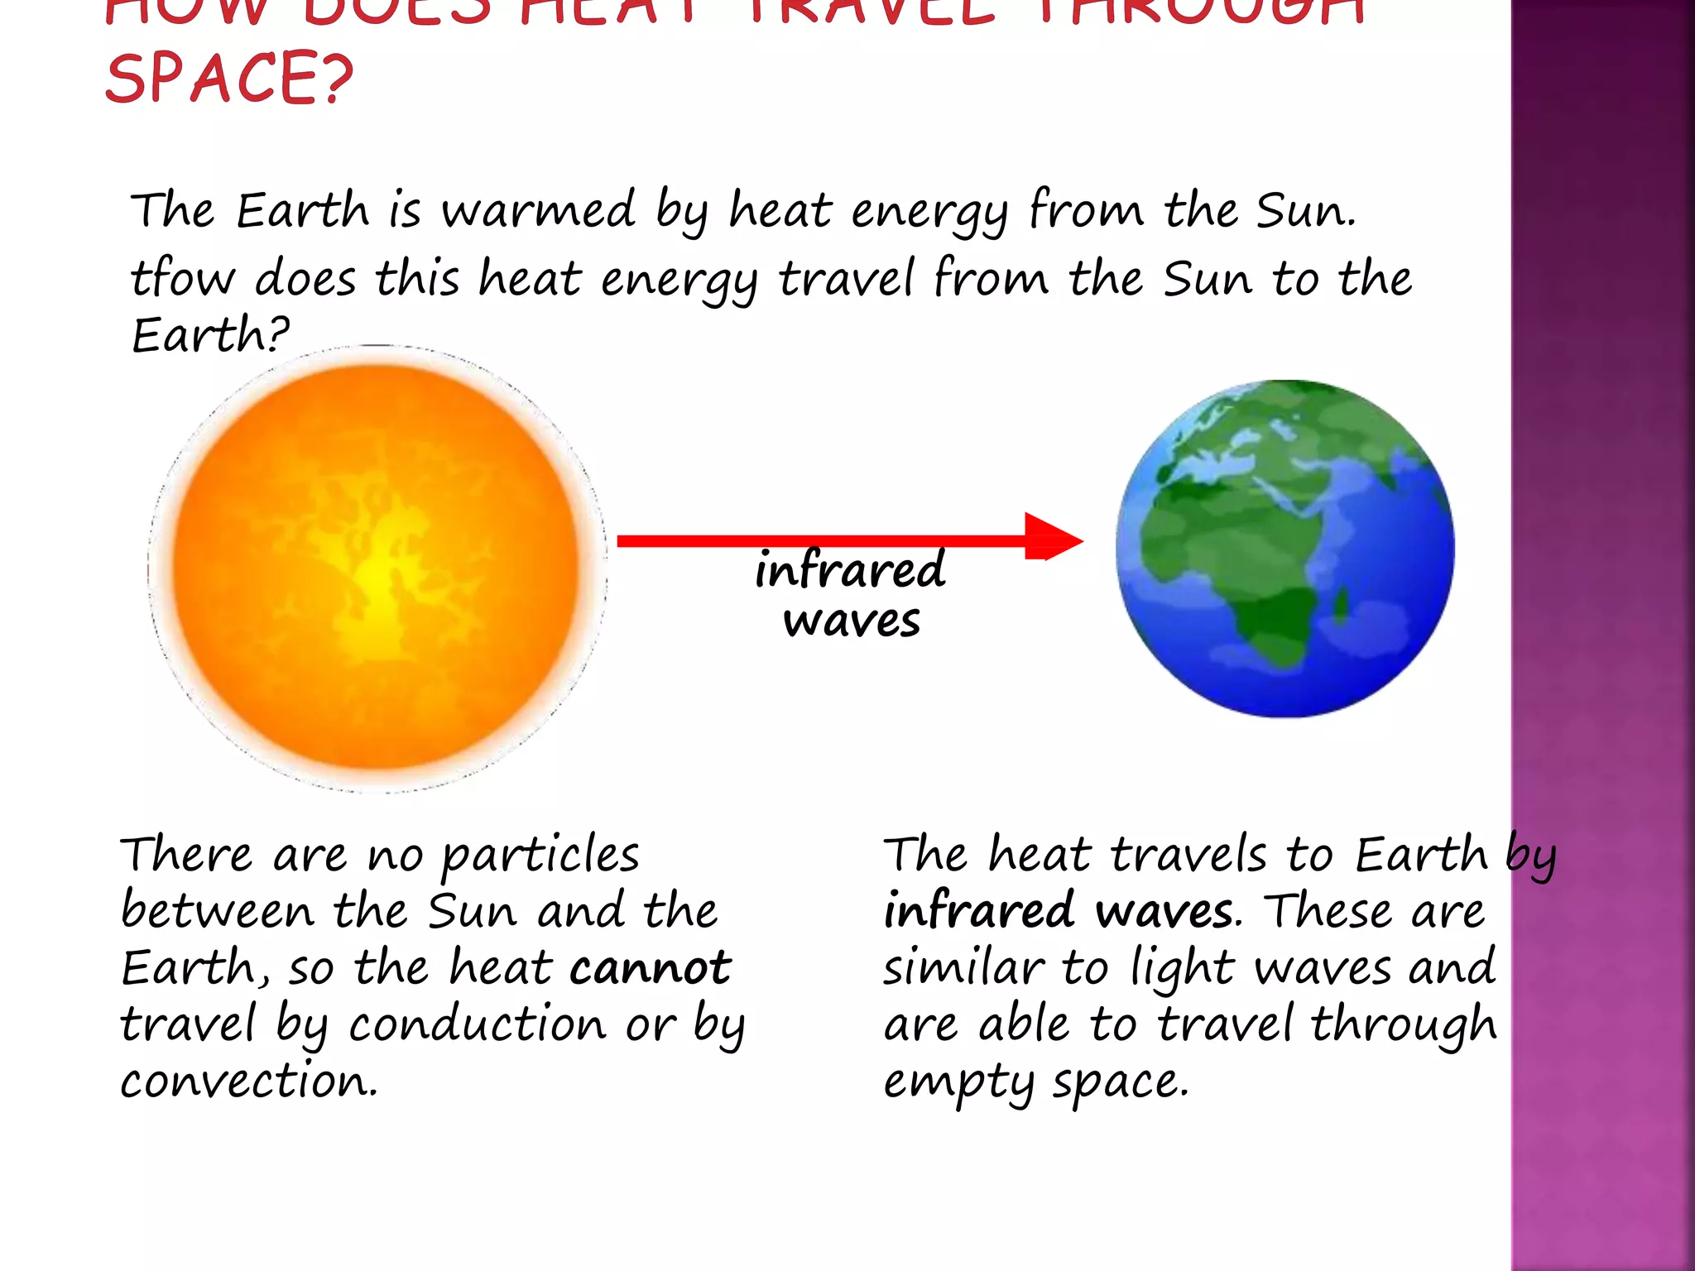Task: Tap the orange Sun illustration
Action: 377,568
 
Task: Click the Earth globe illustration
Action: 1284,549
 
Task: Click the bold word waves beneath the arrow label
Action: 852,621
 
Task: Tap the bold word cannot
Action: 651,966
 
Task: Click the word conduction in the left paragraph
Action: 478,1024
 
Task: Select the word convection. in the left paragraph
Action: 248,1081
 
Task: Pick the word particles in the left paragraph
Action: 540,855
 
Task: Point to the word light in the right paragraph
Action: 1183,968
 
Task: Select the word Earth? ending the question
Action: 210,334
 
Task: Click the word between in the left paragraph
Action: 217,910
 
